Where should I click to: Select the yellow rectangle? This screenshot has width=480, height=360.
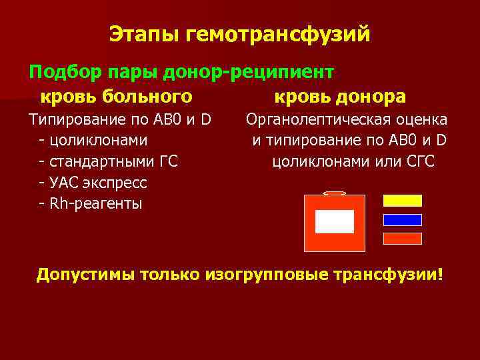[402, 201]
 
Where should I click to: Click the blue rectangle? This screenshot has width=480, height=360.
[402, 220]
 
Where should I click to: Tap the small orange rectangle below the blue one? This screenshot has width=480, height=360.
[402, 238]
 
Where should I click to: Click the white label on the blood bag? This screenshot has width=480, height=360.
[334, 221]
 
